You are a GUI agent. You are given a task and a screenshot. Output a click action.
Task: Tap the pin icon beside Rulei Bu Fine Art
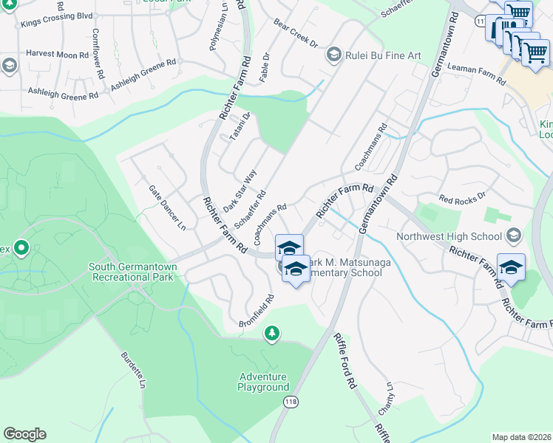tap(334, 55)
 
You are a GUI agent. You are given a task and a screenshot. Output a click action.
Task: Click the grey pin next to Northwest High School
tap(515, 236)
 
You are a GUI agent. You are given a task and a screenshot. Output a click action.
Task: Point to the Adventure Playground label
tap(263, 382)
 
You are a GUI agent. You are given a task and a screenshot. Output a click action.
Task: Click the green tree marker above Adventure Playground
tap(273, 334)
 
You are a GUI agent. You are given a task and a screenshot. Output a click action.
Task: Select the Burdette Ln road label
tap(133, 370)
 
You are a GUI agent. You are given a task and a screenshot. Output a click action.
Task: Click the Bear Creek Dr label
tap(295, 33)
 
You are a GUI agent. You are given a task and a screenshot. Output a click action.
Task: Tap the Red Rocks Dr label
tap(461, 198)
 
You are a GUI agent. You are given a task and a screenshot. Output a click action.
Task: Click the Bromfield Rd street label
tap(257, 312)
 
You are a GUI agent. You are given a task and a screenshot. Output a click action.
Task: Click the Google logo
tap(24, 434)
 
